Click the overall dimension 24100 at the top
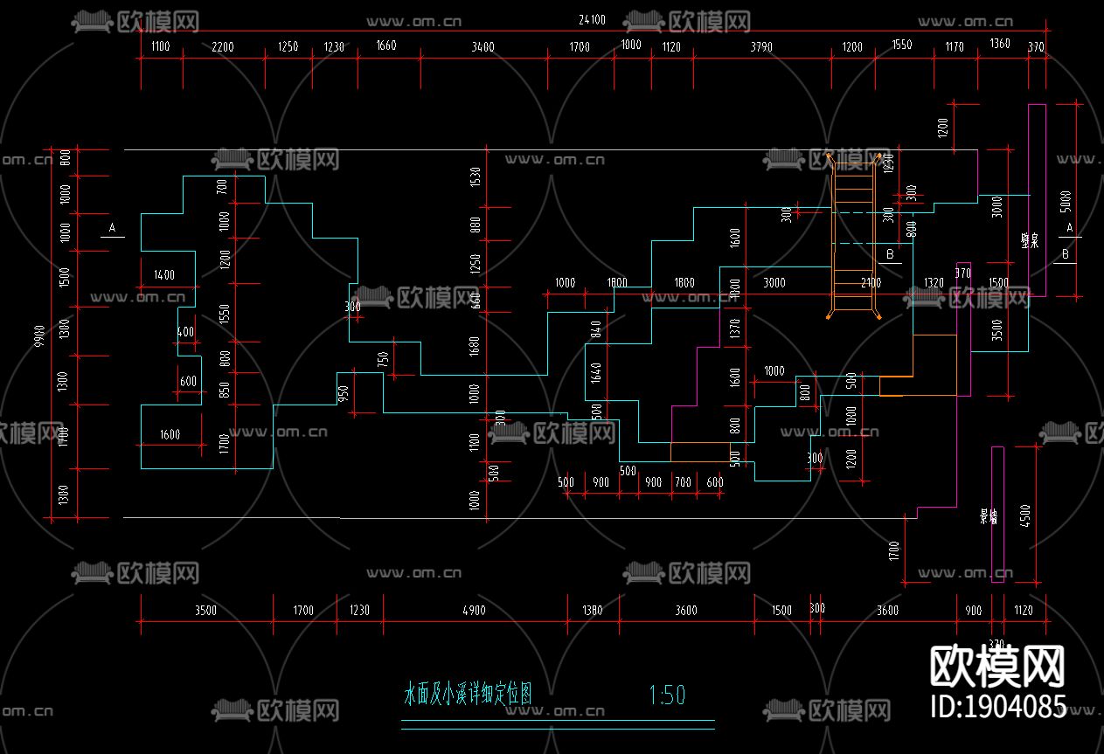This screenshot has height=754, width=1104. click(591, 19)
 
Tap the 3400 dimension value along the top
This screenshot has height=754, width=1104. click(482, 47)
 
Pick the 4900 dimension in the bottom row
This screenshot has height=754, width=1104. click(473, 610)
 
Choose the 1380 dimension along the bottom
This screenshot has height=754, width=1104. click(592, 610)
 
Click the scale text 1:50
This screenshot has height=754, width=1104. click(667, 695)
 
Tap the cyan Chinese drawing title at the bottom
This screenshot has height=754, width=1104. click(468, 695)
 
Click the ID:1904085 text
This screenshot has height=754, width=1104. click(997, 706)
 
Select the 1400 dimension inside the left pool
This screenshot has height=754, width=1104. click(163, 275)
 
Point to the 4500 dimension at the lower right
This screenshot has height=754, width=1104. click(1026, 515)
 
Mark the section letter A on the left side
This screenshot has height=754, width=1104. click(111, 228)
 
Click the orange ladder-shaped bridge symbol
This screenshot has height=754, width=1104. click(853, 236)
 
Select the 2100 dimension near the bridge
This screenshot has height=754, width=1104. click(871, 282)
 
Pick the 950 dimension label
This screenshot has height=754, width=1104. click(344, 393)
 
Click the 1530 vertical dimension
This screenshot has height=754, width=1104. click(476, 177)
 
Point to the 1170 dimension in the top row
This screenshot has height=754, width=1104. click(955, 46)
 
